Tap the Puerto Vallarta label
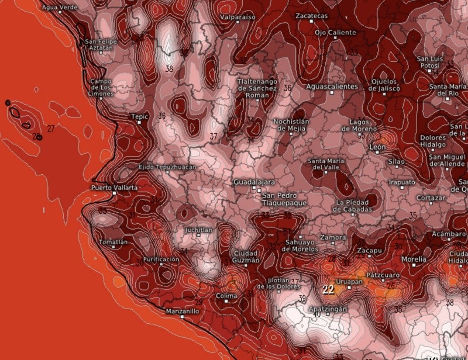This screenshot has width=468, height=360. pyautogui.click(x=114, y=188)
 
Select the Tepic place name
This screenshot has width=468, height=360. pyautogui.click(x=139, y=117)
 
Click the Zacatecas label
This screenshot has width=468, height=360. pyautogui.click(x=312, y=16)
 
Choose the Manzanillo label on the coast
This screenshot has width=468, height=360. pyautogui.click(x=182, y=311)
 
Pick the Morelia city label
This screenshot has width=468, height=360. pyautogui.click(x=414, y=258)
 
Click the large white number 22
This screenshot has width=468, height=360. pyautogui.click(x=329, y=289)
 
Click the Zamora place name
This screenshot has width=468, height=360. pyautogui.click(x=332, y=238)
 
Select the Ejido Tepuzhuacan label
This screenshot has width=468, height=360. pyautogui.click(x=167, y=167)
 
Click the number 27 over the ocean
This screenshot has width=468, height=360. pyautogui.click(x=51, y=128)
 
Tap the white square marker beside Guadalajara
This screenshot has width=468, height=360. pyautogui.click(x=254, y=189)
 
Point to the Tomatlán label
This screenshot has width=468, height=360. pyautogui.click(x=113, y=242)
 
